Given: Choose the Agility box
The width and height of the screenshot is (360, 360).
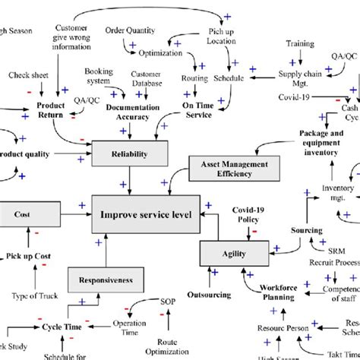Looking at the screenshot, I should click(235, 252).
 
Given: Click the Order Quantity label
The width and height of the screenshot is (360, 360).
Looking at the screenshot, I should click(130, 30).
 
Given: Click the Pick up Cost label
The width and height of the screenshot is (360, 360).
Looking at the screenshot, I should click(30, 257).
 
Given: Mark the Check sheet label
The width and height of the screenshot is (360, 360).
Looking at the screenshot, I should click(29, 75).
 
